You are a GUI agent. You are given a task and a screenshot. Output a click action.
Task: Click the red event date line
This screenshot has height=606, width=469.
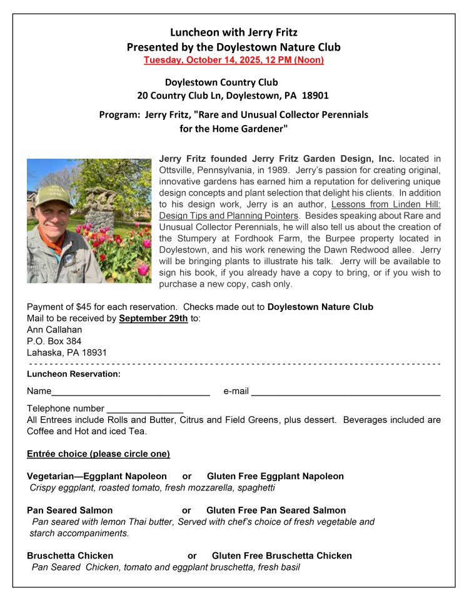(234, 60)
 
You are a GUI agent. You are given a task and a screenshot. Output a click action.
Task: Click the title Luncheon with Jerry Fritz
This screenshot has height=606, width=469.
(234, 32)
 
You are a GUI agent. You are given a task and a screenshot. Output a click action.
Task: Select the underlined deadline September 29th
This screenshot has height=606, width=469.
(153, 318)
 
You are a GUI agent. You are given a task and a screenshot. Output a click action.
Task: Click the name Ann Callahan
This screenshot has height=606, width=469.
(54, 329)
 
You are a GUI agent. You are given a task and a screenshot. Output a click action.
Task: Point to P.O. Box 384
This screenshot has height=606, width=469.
(54, 341)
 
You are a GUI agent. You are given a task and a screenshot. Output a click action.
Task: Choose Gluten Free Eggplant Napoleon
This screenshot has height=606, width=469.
(275, 476)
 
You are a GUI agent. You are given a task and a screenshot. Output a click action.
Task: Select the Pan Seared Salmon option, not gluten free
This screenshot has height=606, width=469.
(70, 510)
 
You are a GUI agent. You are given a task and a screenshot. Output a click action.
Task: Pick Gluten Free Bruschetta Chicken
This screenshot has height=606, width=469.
(281, 555)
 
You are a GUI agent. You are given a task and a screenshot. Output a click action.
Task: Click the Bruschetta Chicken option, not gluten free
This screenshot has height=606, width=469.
(70, 555)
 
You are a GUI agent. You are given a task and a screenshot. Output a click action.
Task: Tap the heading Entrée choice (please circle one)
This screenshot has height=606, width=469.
(98, 454)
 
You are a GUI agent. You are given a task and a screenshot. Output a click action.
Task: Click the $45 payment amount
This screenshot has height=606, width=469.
(84, 307)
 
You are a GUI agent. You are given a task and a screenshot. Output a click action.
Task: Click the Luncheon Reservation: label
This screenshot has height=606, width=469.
(74, 374)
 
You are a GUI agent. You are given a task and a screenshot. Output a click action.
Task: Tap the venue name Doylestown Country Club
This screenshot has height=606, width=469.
(221, 82)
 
